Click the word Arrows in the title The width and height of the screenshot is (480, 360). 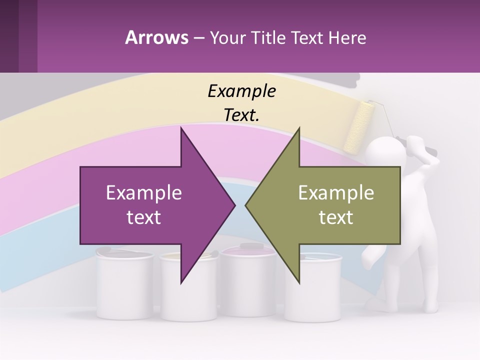tap(156, 37)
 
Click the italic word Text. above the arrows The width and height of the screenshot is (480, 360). tap(241, 115)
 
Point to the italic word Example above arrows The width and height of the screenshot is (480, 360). tap(241, 91)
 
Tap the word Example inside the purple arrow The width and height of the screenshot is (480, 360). tap(144, 193)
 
